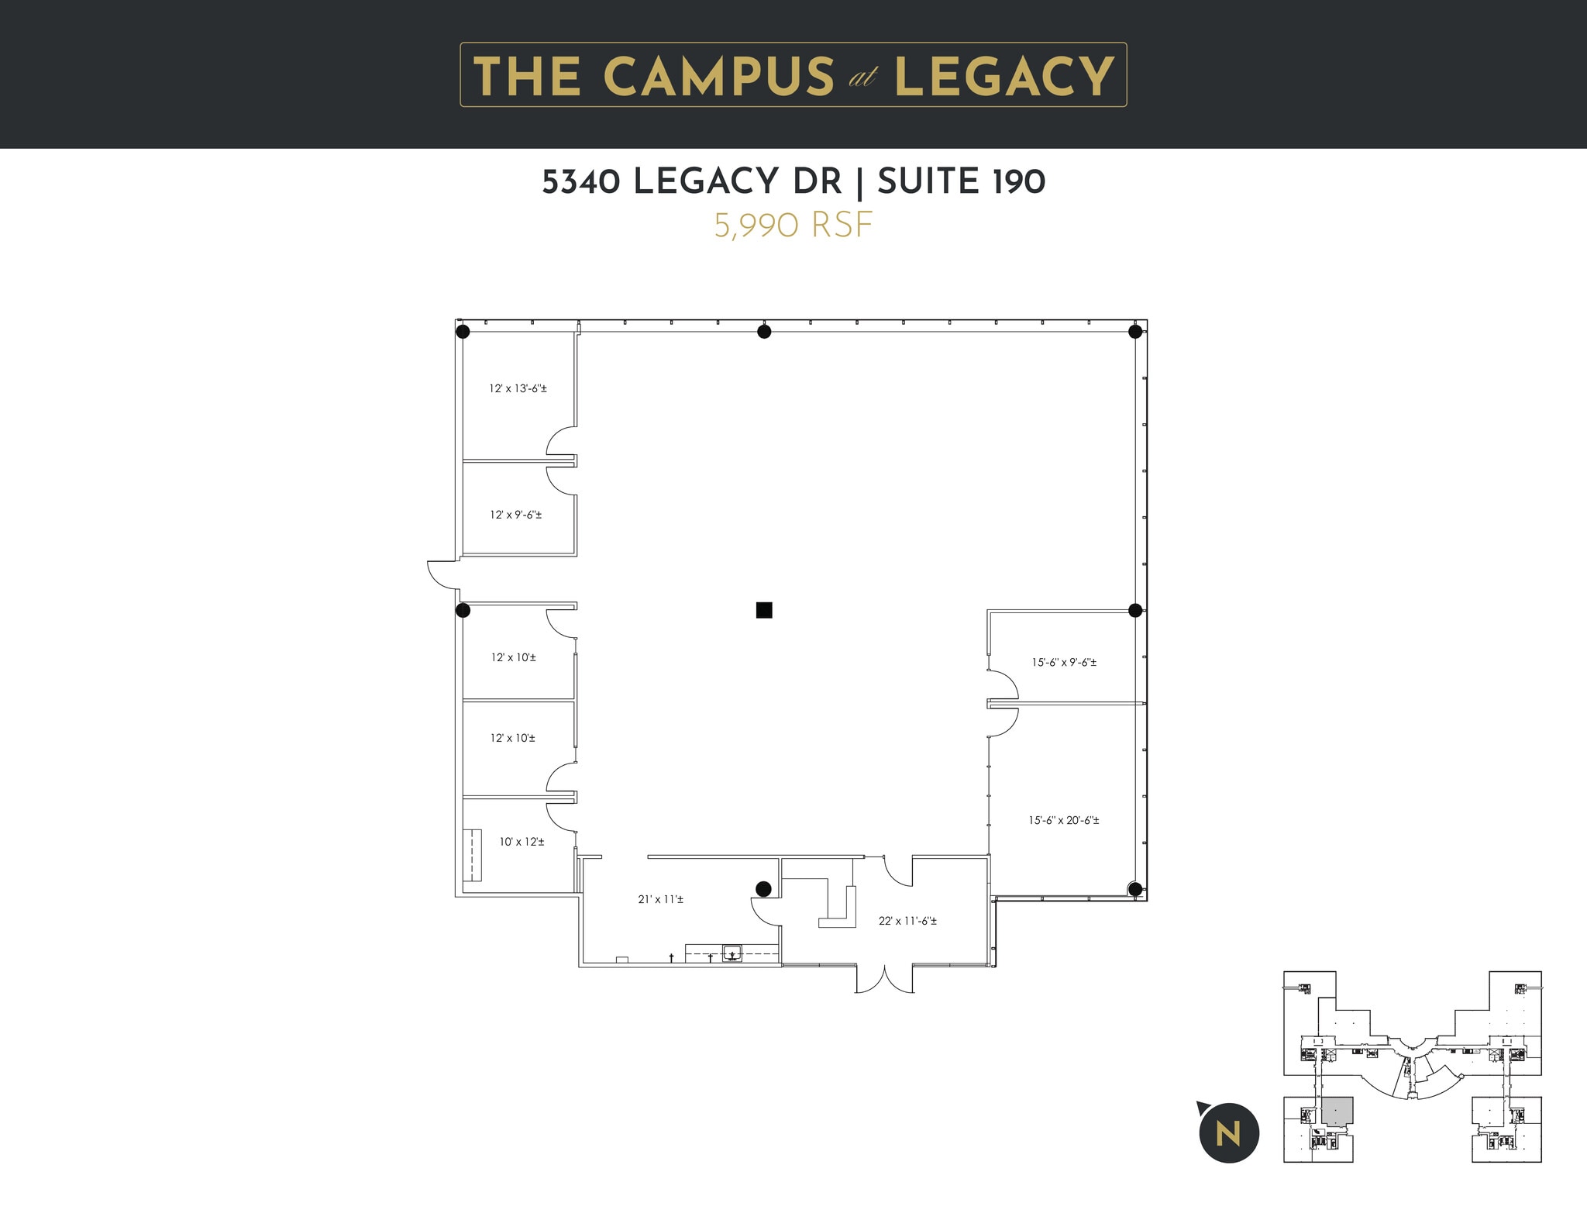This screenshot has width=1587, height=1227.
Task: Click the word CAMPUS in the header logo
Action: [718, 76]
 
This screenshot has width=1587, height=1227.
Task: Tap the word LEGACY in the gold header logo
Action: [1004, 76]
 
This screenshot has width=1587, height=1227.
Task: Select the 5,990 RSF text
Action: [793, 226]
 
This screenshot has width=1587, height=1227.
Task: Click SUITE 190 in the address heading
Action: [961, 182]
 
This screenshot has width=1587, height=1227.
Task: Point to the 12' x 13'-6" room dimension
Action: [518, 388]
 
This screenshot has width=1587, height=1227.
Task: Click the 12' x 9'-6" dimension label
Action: [515, 515]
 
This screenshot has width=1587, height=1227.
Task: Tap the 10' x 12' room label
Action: [522, 842]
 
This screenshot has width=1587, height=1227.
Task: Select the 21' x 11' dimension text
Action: [660, 900]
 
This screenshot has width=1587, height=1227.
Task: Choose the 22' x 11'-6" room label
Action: [907, 922]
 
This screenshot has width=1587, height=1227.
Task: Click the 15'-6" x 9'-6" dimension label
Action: [1063, 663]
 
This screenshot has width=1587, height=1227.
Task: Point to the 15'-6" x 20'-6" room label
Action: [1063, 820]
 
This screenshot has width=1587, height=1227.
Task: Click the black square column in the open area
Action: [764, 610]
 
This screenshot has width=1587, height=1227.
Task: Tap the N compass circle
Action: [1228, 1133]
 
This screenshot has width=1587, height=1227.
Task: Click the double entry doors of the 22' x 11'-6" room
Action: [884, 979]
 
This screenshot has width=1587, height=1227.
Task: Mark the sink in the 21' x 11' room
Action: [732, 953]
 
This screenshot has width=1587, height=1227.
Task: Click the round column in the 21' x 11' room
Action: [763, 888]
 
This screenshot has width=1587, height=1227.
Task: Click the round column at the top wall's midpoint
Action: [764, 332]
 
